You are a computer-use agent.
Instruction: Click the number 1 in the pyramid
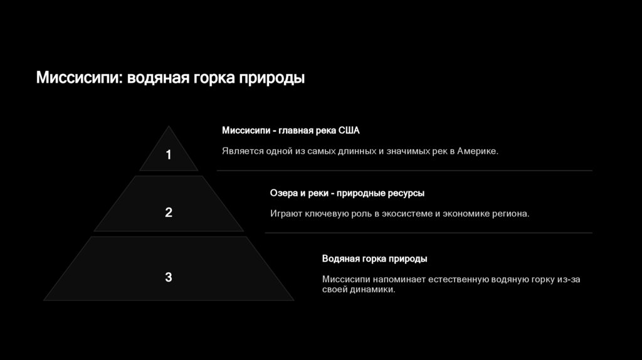coord(168,154)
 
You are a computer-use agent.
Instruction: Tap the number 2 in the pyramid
coord(168,213)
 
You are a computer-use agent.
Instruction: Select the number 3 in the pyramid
coord(168,277)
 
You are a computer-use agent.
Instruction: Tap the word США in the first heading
coord(349,130)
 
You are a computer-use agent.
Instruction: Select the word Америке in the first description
coord(477,151)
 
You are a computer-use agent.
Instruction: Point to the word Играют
coord(286,214)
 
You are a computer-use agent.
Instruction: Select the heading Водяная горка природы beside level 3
coord(374,258)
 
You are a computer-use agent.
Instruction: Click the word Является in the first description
coord(242,151)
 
